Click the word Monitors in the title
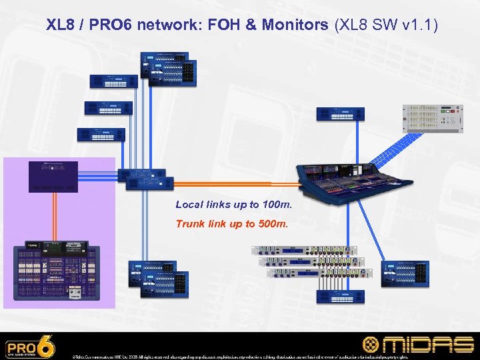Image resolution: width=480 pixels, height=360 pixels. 294,25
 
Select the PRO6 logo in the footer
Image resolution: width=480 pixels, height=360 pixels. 30,347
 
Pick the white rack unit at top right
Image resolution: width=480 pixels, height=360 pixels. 432,119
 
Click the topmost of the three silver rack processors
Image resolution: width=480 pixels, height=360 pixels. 303,251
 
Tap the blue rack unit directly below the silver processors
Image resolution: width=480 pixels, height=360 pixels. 341,296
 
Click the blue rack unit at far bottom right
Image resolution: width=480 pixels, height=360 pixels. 405,273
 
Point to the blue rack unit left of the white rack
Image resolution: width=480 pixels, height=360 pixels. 340,113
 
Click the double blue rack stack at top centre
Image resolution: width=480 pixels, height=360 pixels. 168,68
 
